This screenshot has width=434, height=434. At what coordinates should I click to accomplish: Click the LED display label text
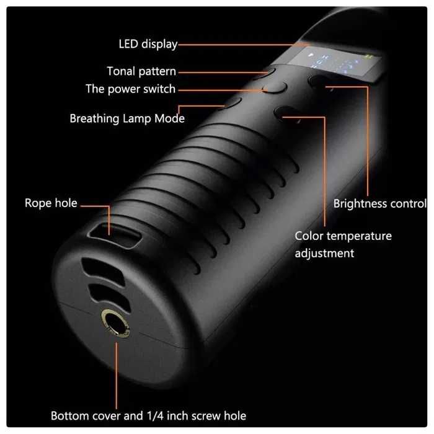tap(148, 44)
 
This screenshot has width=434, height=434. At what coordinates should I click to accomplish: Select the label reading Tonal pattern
tap(141, 71)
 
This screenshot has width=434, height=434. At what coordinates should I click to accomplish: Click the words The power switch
tap(131, 89)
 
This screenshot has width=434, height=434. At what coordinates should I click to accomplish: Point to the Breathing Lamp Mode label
tap(127, 118)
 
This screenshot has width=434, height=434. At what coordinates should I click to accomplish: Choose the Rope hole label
tap(51, 203)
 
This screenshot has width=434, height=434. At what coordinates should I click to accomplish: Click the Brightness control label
tap(379, 203)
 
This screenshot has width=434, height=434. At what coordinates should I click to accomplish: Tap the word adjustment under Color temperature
tap(324, 253)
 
